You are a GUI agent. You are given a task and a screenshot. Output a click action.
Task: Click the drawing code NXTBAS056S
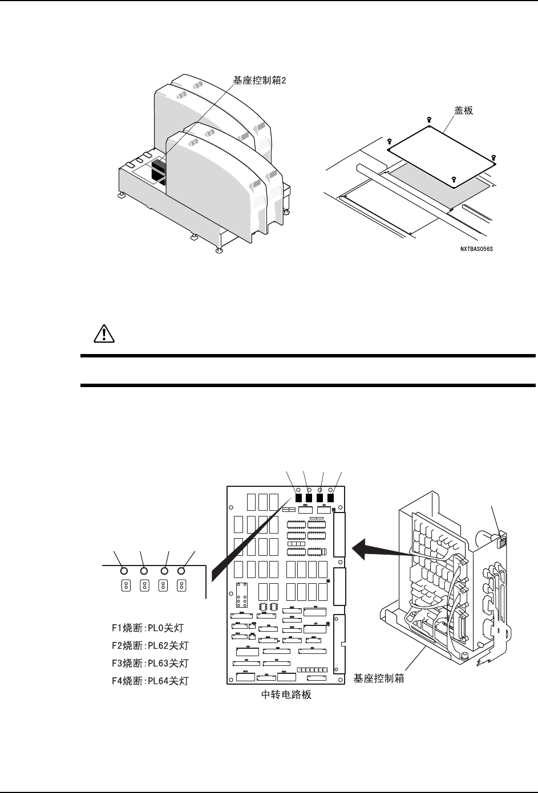[477, 249]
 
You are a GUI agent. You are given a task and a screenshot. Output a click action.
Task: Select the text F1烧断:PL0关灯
[148, 628]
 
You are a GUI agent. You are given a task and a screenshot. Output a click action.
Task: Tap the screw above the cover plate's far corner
[429, 120]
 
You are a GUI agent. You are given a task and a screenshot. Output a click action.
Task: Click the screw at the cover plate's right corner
[494, 156]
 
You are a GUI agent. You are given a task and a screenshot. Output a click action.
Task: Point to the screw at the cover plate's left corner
[389, 141]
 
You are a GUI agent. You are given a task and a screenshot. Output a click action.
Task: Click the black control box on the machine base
[157, 169]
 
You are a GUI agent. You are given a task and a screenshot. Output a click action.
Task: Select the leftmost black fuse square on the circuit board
[298, 497]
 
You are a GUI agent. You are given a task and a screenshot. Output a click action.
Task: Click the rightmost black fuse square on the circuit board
[330, 497]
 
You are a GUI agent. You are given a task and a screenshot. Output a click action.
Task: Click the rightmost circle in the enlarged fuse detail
[182, 570]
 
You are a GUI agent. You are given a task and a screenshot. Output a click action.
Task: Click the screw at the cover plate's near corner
[454, 179]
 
